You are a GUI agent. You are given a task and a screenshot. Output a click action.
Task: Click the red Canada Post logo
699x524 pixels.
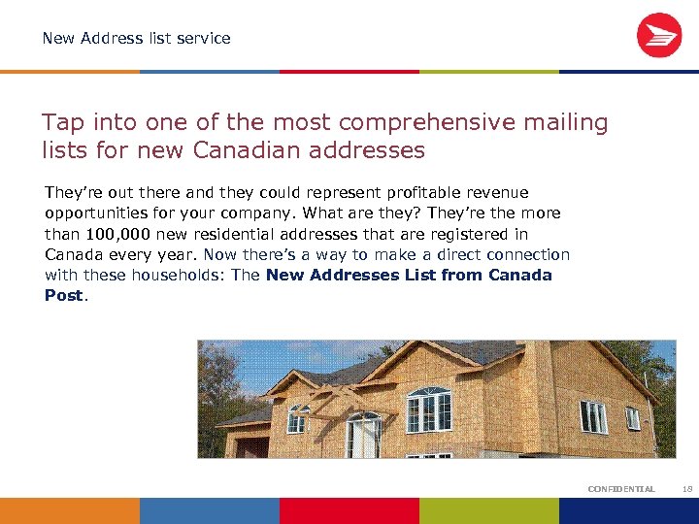point(659,36)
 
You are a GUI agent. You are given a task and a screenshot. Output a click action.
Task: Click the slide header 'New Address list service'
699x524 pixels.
point(136,39)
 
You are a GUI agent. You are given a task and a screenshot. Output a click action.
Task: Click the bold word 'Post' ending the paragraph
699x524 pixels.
point(64,295)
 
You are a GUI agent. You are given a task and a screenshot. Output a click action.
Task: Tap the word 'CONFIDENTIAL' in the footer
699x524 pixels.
point(621,489)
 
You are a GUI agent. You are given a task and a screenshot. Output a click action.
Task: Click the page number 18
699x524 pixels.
point(687,489)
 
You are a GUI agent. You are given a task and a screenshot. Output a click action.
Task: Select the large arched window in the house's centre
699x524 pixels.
point(428,409)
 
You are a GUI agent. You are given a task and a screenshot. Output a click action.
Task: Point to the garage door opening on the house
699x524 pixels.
point(251,446)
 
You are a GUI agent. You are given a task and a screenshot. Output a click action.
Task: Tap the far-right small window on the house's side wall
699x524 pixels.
point(633,417)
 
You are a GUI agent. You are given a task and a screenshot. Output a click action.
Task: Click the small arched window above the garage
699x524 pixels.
point(298,419)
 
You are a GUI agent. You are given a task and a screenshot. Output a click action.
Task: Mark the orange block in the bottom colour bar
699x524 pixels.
point(70,510)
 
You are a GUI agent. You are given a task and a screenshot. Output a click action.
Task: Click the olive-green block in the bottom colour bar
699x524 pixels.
point(489,510)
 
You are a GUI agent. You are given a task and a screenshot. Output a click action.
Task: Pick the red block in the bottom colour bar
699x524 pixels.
point(349,510)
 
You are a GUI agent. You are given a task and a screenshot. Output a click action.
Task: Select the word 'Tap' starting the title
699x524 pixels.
point(59,123)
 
